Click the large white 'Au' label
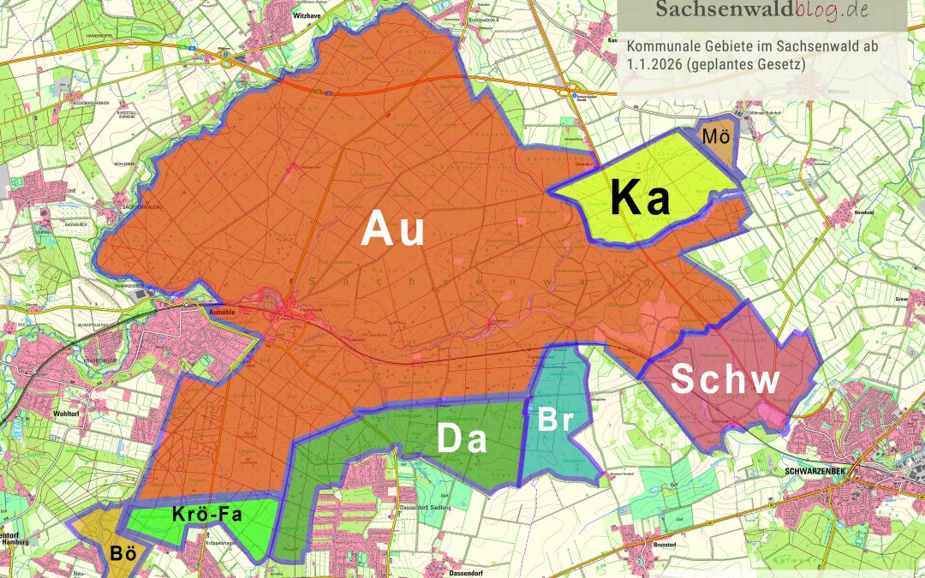pyautogui.click(x=393, y=229)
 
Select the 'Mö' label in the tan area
pyautogui.click(x=716, y=136)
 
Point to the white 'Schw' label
pyautogui.click(x=725, y=380)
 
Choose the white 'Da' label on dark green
pyautogui.click(x=462, y=439)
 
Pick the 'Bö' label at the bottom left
pyautogui.click(x=123, y=553)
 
